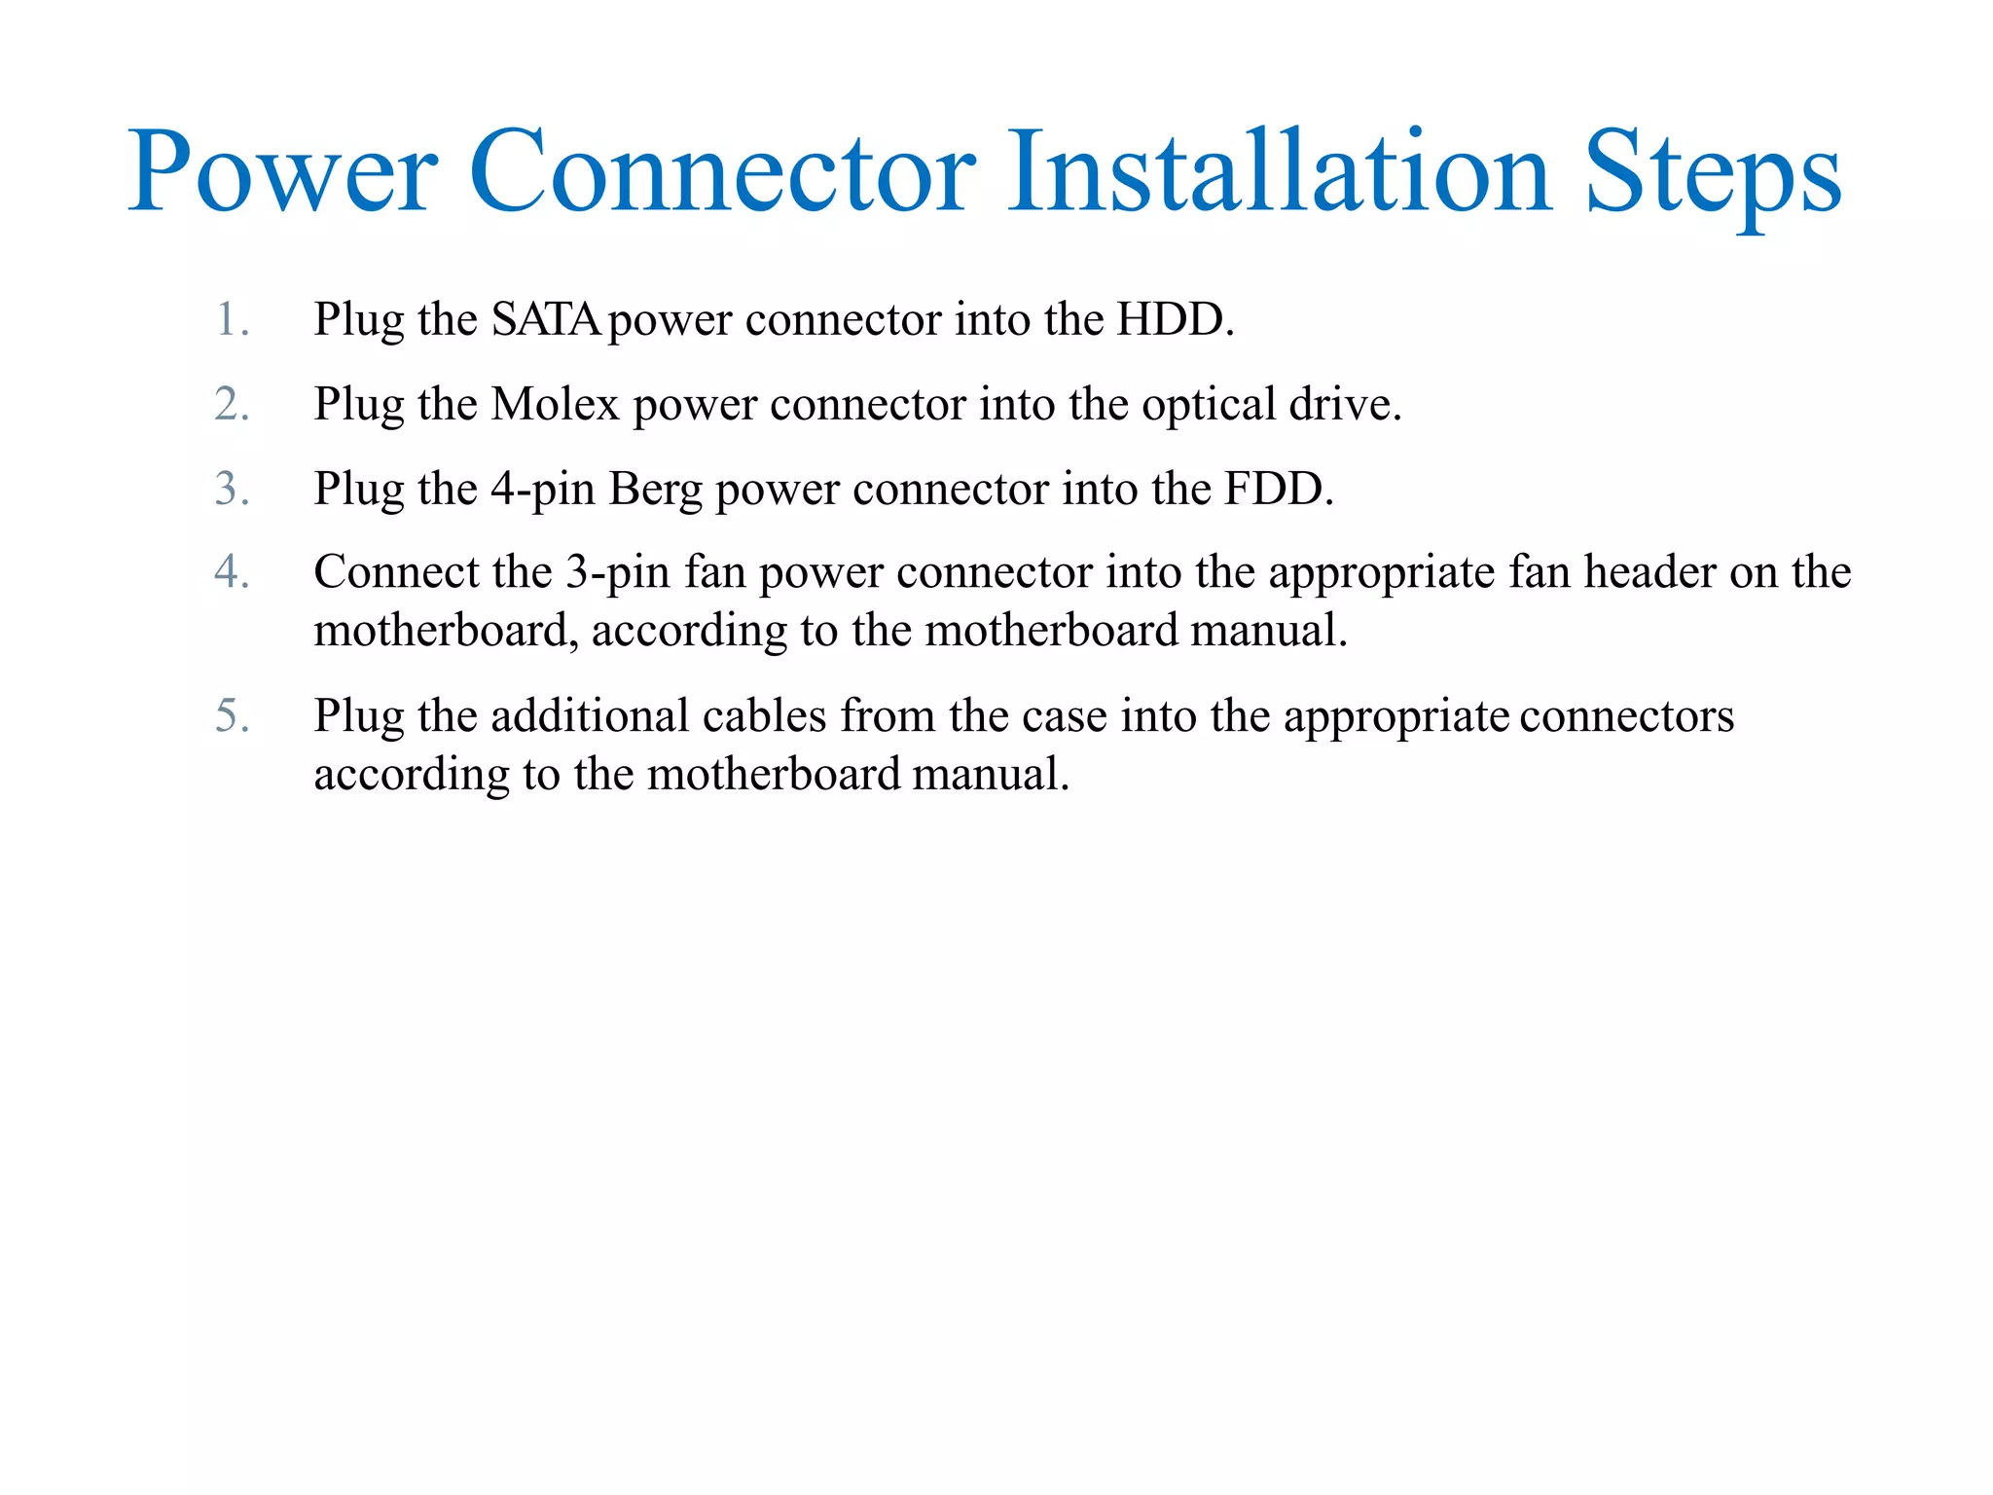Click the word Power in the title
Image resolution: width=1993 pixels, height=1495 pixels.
tap(282, 173)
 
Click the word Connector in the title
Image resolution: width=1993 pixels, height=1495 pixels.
tap(721, 173)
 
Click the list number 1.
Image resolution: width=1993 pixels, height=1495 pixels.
tap(232, 319)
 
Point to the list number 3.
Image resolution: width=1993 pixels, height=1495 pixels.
tap(232, 489)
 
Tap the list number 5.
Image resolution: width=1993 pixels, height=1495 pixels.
tap(232, 716)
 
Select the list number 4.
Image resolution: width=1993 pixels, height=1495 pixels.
tap(232, 572)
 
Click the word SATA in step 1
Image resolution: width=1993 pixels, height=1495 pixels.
tap(546, 319)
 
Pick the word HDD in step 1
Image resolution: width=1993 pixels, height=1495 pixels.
tap(1174, 319)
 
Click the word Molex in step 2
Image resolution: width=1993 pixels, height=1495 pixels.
tap(555, 404)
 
